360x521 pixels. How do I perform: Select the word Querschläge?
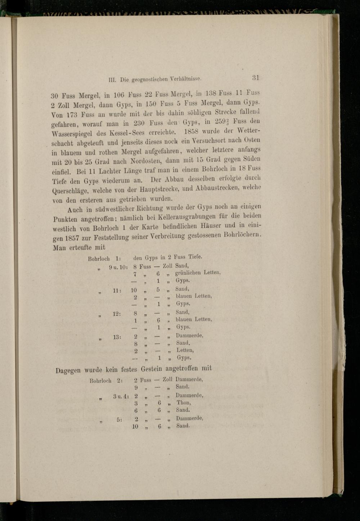tap(71, 191)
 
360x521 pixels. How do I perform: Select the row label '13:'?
tap(117, 337)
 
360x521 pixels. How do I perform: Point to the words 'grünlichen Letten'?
tap(198, 273)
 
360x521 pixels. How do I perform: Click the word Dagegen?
tap(68, 370)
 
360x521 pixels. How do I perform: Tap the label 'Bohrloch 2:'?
tap(106, 380)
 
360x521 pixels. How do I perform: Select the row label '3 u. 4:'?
tap(118, 396)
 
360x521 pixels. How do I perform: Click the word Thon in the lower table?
tap(184, 403)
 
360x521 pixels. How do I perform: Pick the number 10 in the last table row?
tap(135, 426)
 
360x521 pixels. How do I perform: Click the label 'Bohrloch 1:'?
tap(104, 259)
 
